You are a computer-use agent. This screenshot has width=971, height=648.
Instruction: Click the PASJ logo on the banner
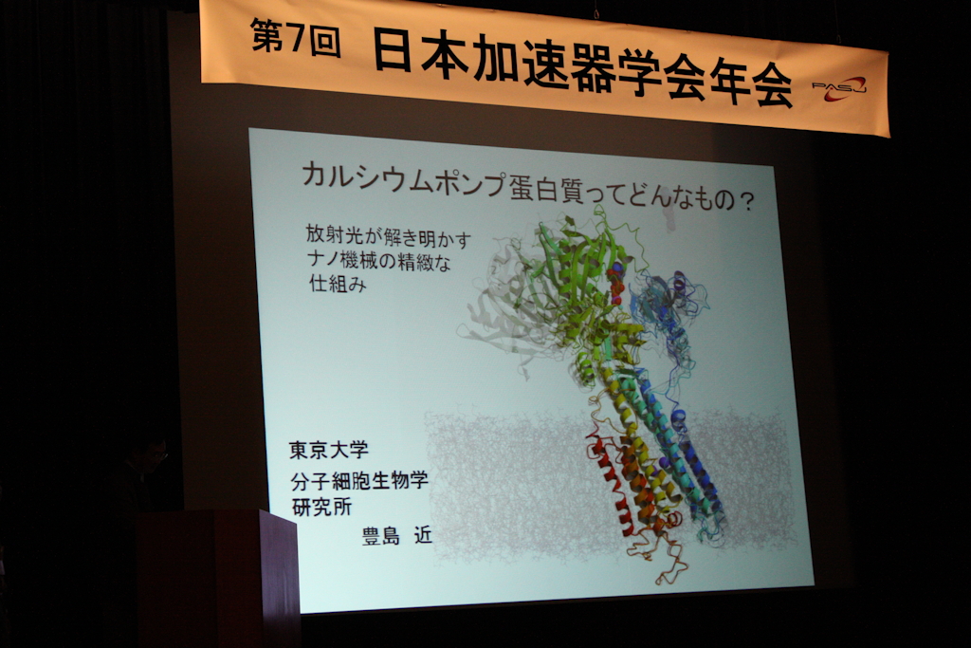839,88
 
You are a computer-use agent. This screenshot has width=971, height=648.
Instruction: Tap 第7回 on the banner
296,38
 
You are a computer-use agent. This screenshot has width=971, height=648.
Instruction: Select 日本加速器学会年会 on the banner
583,68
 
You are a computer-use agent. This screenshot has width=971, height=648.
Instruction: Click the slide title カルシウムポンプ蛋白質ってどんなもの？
527,187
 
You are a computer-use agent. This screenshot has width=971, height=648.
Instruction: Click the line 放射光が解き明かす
388,236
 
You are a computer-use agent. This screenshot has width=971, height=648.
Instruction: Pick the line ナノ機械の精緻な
379,260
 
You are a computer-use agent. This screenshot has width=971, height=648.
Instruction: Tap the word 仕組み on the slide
339,283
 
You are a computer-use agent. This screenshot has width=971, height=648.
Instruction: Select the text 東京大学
329,450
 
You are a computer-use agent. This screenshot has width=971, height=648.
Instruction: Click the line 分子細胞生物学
359,479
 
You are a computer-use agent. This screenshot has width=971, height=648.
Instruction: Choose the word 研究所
322,507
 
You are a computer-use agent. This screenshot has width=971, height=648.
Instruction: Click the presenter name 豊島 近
397,535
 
